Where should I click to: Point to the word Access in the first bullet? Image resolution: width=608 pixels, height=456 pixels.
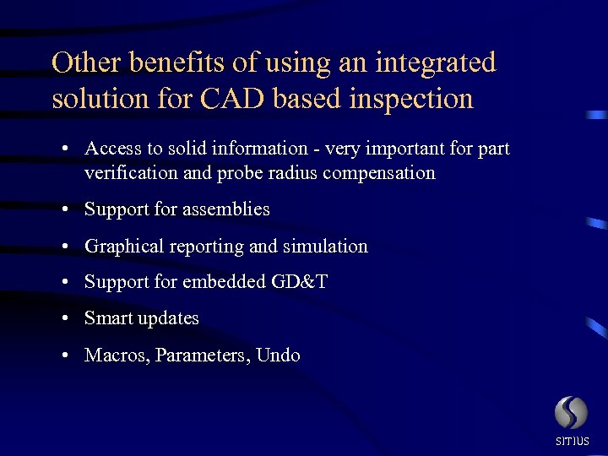pos(113,149)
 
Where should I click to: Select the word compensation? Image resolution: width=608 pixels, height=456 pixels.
pos(394,173)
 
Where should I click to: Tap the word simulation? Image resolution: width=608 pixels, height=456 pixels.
pos(325,247)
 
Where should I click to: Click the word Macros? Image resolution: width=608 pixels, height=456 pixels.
pos(115,355)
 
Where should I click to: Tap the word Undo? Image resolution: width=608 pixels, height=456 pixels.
pos(278,355)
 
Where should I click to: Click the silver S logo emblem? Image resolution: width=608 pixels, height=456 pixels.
pos(571,414)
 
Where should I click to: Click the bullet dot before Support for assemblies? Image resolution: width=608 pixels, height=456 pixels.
pos(65,209)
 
